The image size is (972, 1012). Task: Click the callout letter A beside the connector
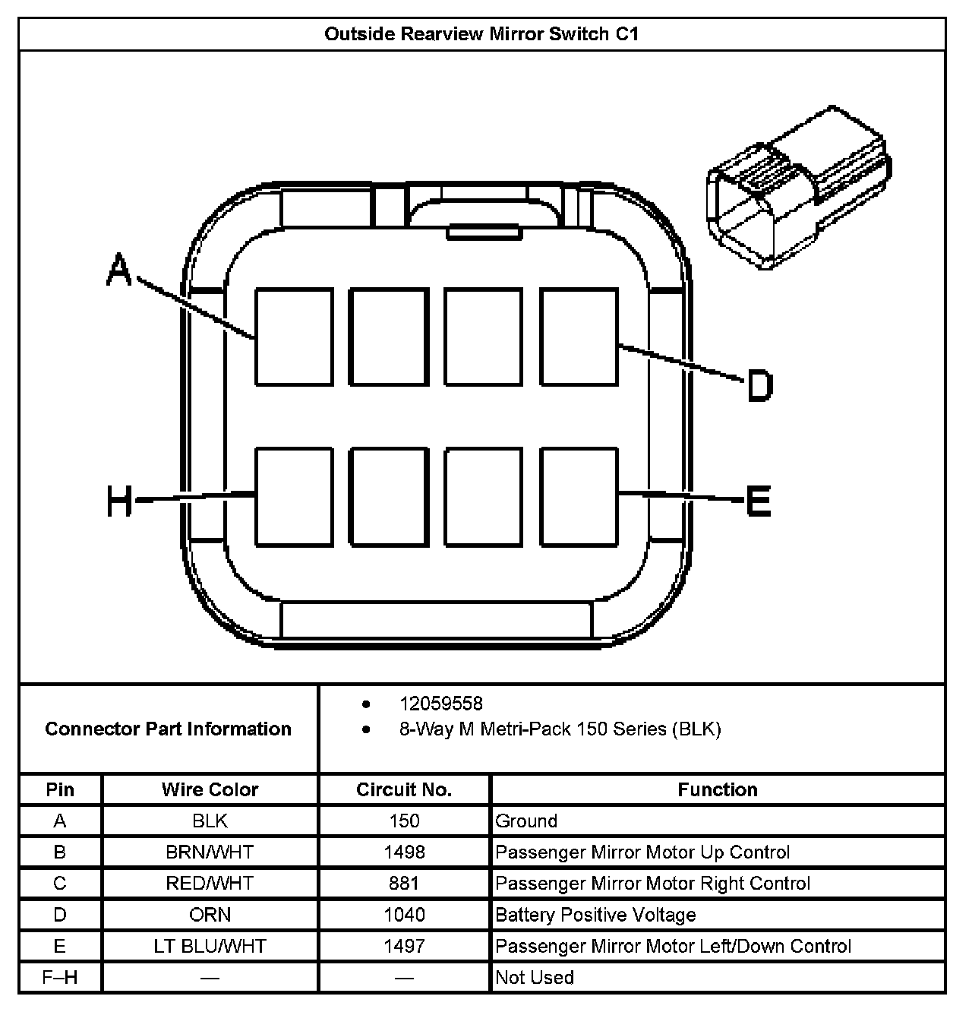pos(118,271)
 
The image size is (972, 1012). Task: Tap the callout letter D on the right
pos(759,385)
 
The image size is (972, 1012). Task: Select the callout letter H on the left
pos(120,501)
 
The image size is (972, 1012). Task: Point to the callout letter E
pos(758,501)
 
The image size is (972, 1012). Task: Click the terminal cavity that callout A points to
pos(294,337)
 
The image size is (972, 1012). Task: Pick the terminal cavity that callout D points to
pos(579,337)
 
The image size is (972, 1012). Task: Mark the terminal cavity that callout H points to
pos(294,497)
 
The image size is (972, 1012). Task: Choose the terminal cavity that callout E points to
pos(579,497)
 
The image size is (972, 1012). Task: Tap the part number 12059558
pos(441,704)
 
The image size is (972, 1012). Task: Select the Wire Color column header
pos(210,789)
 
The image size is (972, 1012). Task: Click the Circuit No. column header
pos(404,789)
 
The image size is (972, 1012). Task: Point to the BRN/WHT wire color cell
pos(210,852)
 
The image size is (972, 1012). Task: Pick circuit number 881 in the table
pos(404,883)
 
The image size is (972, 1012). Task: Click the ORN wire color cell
pos(210,914)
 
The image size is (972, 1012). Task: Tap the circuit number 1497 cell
pos(404,946)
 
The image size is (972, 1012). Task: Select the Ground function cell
pos(526,821)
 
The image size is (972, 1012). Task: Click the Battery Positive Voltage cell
pos(595,914)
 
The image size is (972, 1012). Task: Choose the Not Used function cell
pos(535,977)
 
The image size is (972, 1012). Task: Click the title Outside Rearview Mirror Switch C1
pos(481,34)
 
